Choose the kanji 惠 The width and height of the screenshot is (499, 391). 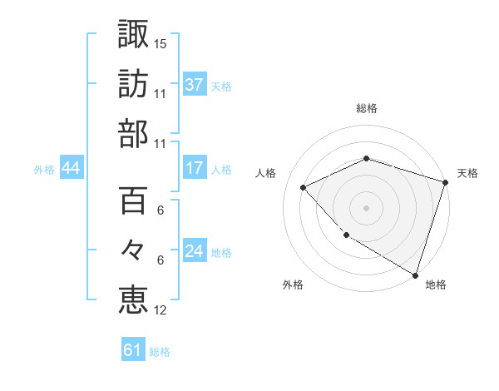click(134, 300)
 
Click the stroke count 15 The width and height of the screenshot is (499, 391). click(161, 42)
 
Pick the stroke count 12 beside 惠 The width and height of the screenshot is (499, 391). click(161, 310)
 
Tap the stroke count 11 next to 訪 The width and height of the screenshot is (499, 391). click(161, 93)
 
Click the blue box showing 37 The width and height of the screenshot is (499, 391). click(195, 84)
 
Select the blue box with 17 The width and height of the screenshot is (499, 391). click(195, 168)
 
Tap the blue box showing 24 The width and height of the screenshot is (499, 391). click(195, 251)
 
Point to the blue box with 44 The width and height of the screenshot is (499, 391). click(71, 169)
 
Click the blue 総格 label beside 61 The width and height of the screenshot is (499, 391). click(160, 352)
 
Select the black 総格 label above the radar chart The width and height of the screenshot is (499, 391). click(367, 108)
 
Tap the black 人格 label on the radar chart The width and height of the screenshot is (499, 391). click(266, 173)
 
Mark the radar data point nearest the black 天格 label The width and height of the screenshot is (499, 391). click(446, 182)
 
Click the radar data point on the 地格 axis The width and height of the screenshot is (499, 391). click(415, 274)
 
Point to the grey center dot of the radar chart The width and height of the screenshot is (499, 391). click(367, 207)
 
